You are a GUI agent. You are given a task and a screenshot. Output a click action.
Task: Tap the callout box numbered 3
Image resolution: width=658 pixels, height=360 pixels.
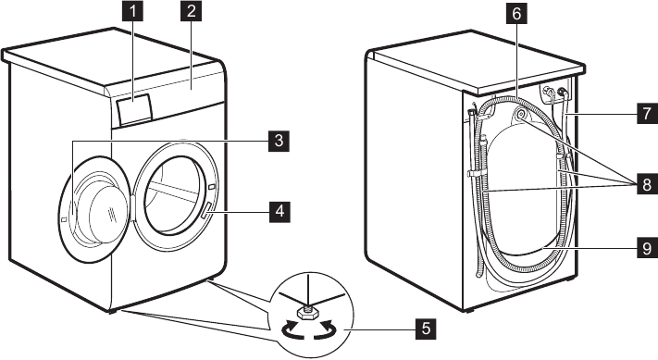274,141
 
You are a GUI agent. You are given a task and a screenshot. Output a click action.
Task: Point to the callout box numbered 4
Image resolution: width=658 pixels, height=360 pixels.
274,211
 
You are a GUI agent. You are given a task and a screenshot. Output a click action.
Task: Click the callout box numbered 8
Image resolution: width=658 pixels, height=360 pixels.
643,186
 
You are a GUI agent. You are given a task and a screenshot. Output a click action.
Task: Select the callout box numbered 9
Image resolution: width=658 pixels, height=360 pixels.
643,247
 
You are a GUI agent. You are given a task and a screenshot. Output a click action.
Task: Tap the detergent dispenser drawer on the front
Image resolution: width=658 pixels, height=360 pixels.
131,109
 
